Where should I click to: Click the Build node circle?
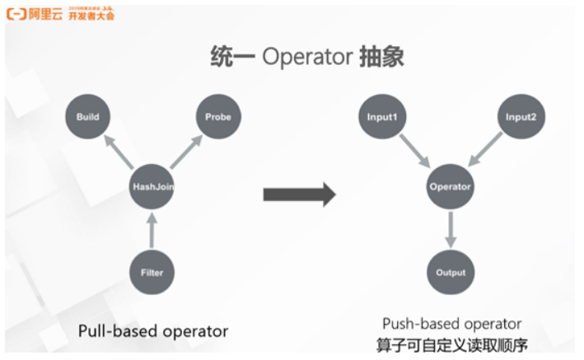point(87,117)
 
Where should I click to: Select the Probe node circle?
point(217,117)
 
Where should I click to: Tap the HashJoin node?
point(152,187)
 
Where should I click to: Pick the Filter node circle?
point(152,272)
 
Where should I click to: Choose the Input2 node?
point(521,117)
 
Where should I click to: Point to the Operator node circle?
point(451,187)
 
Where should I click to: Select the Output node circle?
point(451,272)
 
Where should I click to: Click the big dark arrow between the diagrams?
point(299,194)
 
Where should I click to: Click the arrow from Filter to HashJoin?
point(152,230)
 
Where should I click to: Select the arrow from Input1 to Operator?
point(415,151)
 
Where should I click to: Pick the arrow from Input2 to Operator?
point(486,151)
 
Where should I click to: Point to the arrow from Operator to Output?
point(451,229)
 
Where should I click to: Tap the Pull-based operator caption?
point(152,331)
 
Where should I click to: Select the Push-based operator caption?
point(451,324)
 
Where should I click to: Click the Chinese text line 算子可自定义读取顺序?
point(451,344)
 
